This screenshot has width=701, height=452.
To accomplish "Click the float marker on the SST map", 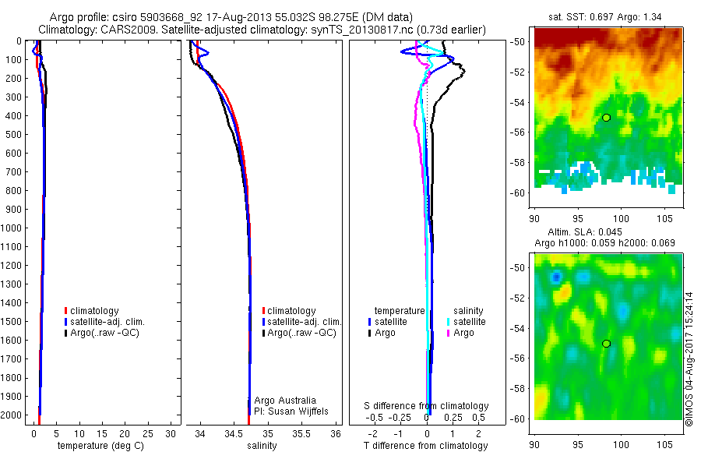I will point(606,117).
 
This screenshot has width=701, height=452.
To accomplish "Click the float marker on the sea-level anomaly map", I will point(606,343).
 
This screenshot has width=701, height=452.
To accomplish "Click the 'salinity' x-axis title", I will point(262,446).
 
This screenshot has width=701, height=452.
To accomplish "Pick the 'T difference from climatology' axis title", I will point(426,446).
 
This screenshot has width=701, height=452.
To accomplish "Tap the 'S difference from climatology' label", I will point(426,406).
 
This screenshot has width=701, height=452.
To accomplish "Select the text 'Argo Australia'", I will point(285,400).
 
